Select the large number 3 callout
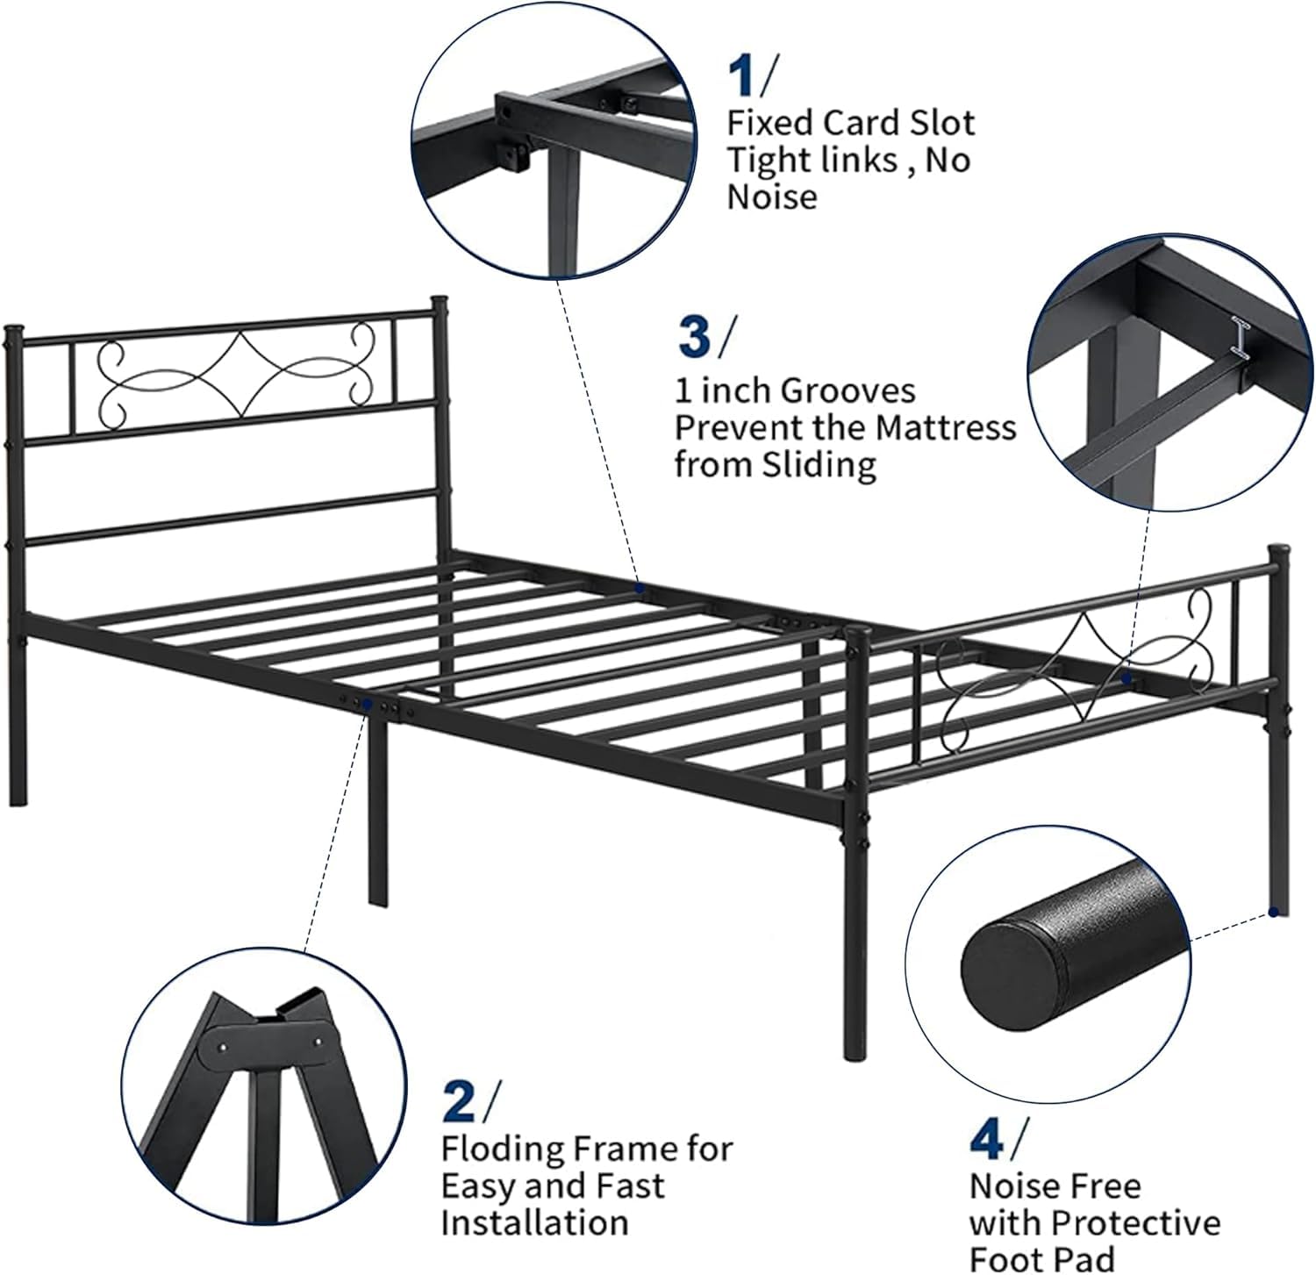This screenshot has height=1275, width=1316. pyautogui.click(x=696, y=338)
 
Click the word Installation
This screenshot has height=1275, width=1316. pyautogui.click(x=534, y=1222)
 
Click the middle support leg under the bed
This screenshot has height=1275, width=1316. pyautogui.click(x=377, y=806)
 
